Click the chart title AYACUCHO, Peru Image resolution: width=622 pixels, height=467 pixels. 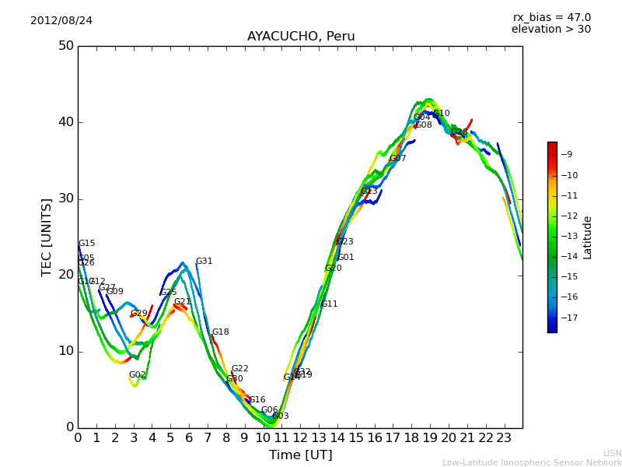pos(301,37)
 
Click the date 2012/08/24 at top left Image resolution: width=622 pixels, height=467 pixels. pos(61,20)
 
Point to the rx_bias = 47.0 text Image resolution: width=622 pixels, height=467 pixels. pos(551,17)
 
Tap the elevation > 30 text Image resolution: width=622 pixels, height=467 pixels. pos(550,30)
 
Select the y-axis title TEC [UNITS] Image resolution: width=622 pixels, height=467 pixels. pos(47,237)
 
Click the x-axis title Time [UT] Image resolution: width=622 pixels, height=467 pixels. pos(300,455)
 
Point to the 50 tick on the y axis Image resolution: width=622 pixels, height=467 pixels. pos(65,46)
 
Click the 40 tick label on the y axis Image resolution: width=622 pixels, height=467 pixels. pos(65,122)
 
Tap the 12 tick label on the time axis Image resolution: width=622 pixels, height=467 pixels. pos(300,438)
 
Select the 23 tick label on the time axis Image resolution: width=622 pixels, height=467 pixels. pos(504,438)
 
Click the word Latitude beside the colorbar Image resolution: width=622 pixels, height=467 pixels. pos(588,237)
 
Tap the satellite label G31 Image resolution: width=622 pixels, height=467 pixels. pos(204,262)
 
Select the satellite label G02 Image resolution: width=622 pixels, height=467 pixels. pos(137,375)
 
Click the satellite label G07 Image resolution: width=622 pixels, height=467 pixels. pos(397,159)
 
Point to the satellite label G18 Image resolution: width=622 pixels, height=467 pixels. pos(220,332)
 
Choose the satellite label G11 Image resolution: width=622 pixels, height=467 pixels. pos(329,304)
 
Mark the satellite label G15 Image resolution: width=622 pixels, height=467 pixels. pos(86,244)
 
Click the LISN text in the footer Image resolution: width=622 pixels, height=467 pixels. pos(612,453)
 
